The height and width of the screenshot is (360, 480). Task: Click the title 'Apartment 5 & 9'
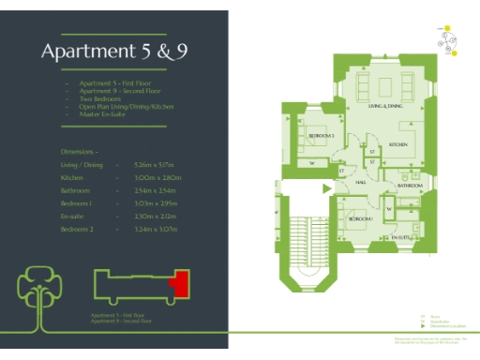[x=114, y=52]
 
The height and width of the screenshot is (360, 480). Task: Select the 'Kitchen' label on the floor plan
[x=397, y=145]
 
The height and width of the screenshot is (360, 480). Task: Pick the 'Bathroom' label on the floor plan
[x=409, y=187]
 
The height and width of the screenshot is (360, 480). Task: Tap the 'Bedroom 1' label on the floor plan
[x=361, y=217]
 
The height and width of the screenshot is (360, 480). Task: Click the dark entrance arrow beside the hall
[x=326, y=188]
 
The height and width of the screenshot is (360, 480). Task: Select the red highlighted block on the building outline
[x=178, y=282]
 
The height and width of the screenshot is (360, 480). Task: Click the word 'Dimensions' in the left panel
[x=79, y=150]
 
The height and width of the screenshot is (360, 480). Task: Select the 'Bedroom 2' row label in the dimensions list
[x=79, y=229]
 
